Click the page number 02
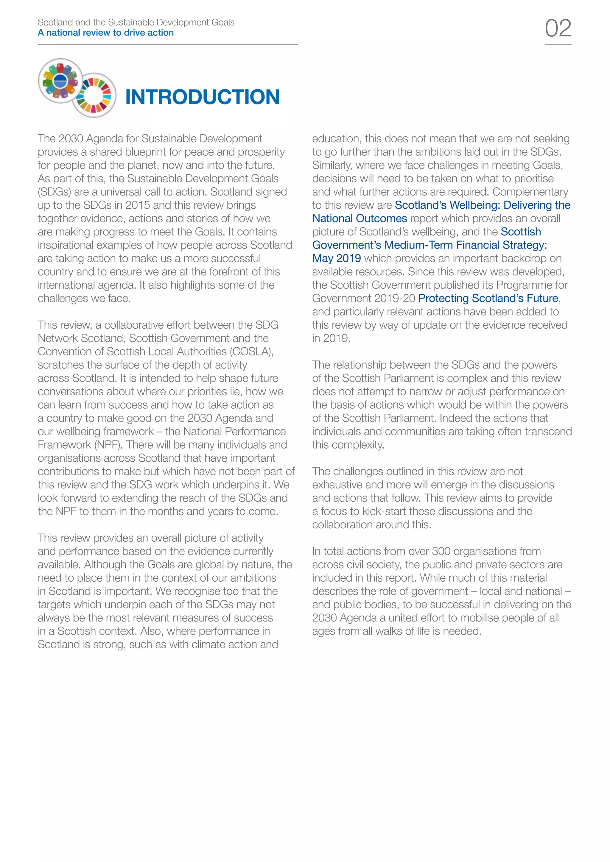coord(558,29)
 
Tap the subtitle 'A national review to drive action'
coord(105,33)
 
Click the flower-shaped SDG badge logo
coord(60,81)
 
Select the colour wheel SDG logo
coord(94,95)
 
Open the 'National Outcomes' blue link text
coord(360,218)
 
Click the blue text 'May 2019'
coord(336,258)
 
